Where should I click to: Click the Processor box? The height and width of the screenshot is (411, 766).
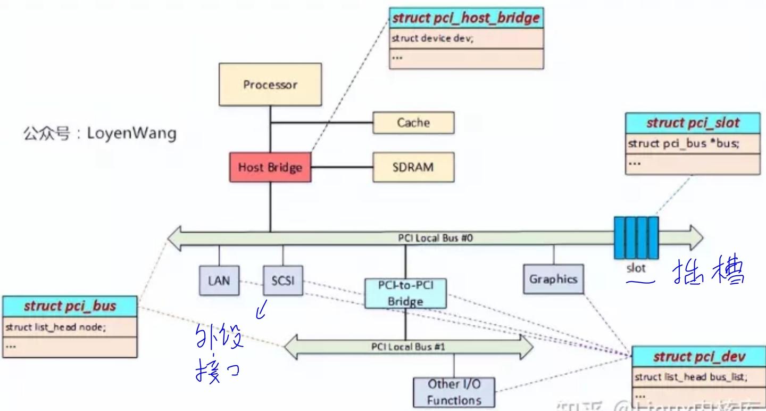270,85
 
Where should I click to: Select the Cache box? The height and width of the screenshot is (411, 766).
413,122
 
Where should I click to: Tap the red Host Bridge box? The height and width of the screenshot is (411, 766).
270,167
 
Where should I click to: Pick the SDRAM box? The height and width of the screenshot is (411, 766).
413,167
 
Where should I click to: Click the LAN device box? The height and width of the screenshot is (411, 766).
219,280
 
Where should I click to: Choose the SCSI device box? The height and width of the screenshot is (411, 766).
282,280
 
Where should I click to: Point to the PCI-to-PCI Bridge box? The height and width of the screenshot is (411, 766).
405,293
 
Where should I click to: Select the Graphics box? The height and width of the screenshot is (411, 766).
553,279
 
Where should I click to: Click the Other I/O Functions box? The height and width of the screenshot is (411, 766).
454,392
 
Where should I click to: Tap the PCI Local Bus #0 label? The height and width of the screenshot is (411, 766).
435,238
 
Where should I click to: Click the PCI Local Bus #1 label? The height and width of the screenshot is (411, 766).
408,347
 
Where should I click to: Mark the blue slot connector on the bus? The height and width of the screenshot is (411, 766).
636,237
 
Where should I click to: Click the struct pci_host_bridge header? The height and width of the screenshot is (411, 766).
466,18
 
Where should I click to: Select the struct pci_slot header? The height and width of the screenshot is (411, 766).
693,123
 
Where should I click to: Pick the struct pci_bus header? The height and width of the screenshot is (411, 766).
70,306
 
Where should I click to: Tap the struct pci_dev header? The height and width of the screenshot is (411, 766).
699,357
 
